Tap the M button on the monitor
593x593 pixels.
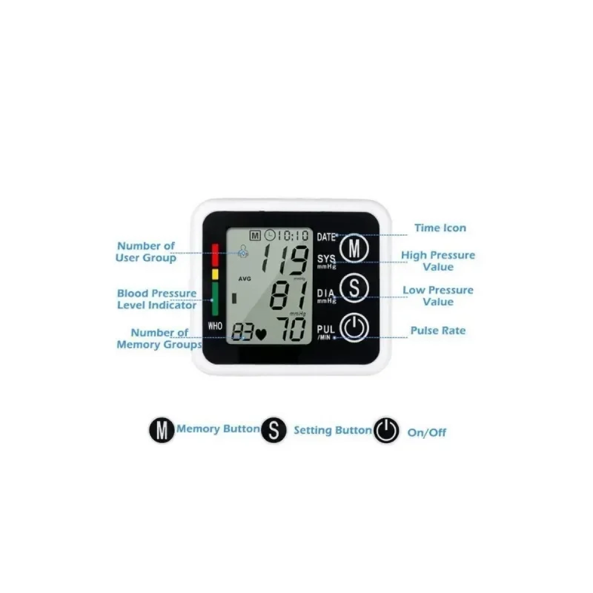354,248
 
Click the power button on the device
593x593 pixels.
354,328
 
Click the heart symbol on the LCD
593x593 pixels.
261,334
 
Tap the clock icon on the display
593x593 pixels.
270,236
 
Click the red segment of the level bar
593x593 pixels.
215,255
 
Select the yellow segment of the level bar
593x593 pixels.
215,274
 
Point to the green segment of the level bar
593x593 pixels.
215,299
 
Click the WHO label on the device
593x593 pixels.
215,326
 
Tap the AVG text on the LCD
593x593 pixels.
245,279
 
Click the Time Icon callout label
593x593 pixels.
440,228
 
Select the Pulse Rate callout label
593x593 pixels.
438,331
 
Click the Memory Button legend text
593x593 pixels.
218,428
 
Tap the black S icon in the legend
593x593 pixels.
273,430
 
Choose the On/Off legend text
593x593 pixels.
426,432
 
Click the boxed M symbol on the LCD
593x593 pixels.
255,236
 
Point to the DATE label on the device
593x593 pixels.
326,237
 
